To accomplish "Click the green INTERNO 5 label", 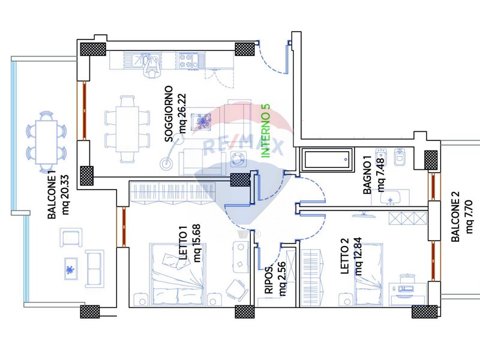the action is coord(266,131).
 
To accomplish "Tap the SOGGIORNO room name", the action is coord(169,114).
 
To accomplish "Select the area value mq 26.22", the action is coord(183,113).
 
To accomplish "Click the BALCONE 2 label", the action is coord(455,217).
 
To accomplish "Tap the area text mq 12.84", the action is coord(358,256).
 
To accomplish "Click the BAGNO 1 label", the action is coord(367,175).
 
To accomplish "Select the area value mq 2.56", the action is coord(282,278).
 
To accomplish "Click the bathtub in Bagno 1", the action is coord(328,159).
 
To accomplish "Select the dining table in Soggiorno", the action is coord(127,129).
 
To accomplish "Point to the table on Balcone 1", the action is coord(47,143).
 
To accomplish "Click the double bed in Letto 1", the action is coord(178,274).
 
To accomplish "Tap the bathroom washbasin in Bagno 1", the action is coord(391,198).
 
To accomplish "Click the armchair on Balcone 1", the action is coord(71,237).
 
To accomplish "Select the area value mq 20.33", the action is coord(66,194).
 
